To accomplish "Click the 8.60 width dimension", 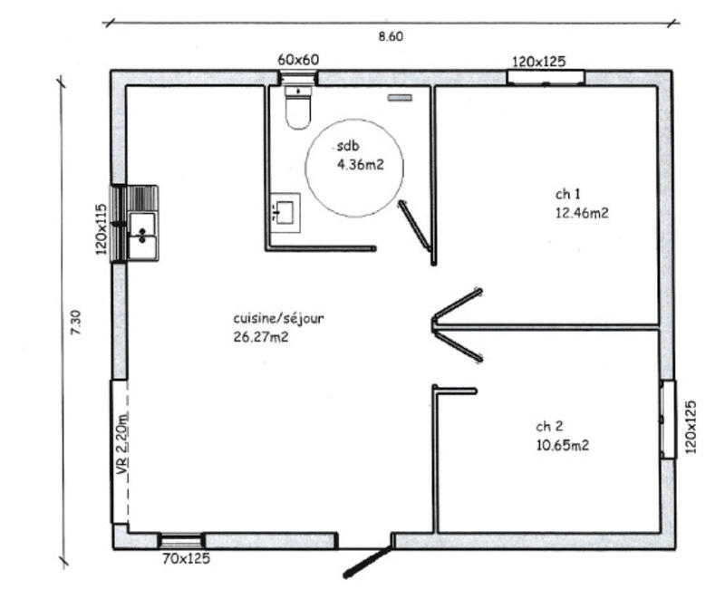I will tap(390, 37).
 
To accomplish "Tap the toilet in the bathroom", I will tap(297, 108).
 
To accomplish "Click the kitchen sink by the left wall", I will tap(141, 235).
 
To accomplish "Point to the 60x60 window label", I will tap(298, 60).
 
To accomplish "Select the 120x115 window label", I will tap(102, 228).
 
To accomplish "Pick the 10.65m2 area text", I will tap(562, 445).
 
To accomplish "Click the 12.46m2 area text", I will tap(581, 214).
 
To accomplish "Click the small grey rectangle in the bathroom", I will tap(400, 97).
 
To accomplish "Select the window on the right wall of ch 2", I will tap(668, 419).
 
